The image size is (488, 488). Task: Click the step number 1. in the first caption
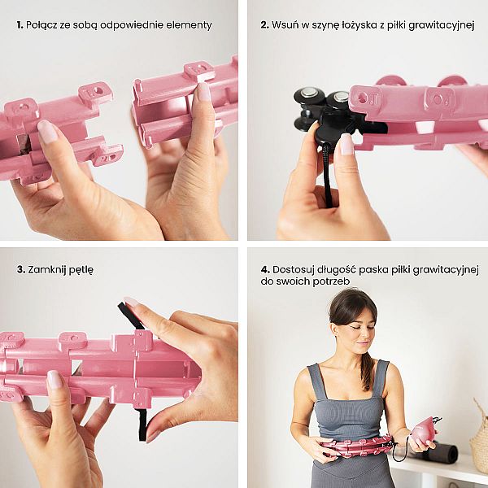point(20,25)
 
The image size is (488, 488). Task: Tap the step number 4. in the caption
point(265,269)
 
